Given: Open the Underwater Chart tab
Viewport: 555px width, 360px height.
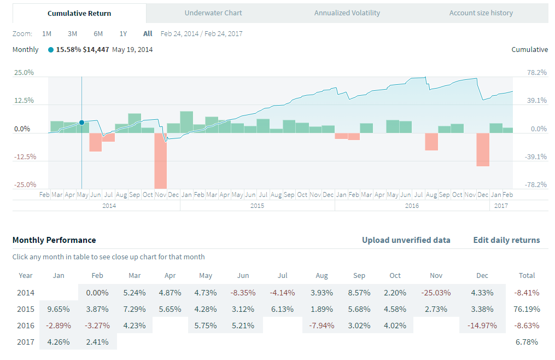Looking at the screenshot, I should click(213, 13).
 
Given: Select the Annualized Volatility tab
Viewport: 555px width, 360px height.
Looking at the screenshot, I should click(347, 13).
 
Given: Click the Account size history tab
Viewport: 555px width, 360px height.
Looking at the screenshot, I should click(481, 13).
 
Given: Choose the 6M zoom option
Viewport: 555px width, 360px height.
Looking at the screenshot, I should click(98, 33).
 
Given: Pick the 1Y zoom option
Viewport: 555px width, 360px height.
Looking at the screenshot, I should click(123, 33).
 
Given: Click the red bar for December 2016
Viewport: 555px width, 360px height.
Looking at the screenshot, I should click(483, 149).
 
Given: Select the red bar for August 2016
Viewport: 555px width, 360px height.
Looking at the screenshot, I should click(431, 141).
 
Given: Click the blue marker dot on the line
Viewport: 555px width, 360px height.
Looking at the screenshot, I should click(81, 123).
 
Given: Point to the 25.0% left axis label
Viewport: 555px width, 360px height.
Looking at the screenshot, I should click(23, 73).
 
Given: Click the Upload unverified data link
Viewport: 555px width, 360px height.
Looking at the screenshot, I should click(406, 240).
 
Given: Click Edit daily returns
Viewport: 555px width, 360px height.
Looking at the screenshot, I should click(506, 240).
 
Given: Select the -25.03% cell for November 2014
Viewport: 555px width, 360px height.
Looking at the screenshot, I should click(436, 293).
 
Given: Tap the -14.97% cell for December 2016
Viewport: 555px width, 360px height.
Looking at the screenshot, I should click(482, 326).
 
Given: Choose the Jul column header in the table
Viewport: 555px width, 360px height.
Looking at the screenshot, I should click(282, 276).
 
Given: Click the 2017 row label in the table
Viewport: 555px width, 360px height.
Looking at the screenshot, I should click(26, 342).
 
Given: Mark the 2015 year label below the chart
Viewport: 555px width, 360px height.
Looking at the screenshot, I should click(257, 206).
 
